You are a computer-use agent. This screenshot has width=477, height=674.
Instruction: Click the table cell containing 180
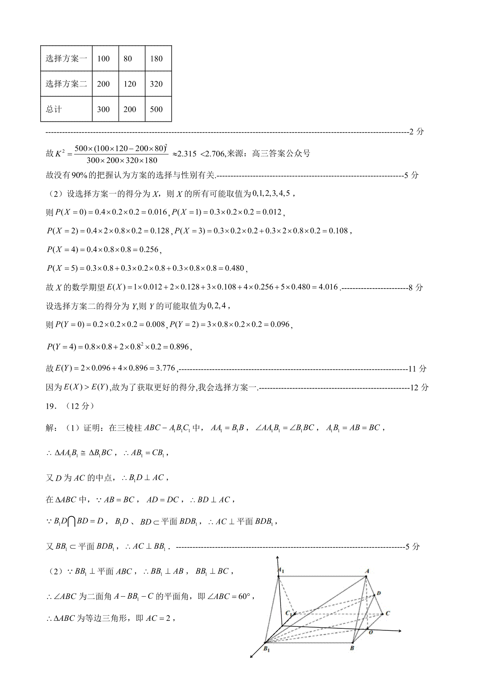click(x=157, y=59)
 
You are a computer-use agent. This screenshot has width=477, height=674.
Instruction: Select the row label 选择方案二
click(x=66, y=84)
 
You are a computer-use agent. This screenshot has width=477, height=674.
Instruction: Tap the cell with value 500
click(x=157, y=109)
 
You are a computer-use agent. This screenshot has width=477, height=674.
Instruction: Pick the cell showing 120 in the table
click(x=130, y=84)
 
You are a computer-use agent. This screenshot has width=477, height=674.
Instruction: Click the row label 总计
click(x=54, y=109)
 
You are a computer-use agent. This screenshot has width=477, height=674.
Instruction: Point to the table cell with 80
click(x=128, y=59)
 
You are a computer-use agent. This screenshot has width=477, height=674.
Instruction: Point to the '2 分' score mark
click(x=416, y=131)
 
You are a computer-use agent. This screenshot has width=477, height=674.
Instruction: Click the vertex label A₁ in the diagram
click(x=281, y=570)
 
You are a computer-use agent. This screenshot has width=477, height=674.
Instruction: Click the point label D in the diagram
click(x=379, y=593)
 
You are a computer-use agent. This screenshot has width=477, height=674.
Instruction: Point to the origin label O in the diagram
click(x=370, y=632)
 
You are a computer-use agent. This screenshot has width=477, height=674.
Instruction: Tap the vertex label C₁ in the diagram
click(x=289, y=613)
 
